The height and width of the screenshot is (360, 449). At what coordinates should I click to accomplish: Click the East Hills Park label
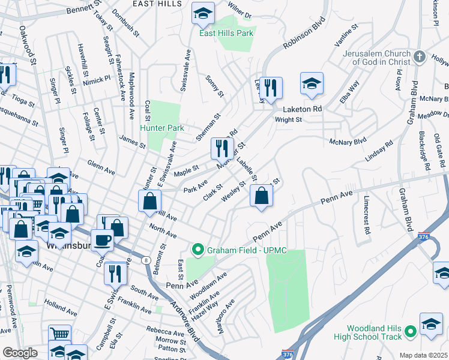[x=226, y=33]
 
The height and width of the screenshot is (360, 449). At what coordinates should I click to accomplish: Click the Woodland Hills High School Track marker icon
[x=411, y=331]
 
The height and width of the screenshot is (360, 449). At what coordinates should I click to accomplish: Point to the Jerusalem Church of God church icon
[x=420, y=57]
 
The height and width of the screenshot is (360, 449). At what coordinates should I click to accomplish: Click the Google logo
[x=20, y=353]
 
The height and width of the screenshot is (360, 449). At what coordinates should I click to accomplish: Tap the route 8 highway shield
[x=145, y=260]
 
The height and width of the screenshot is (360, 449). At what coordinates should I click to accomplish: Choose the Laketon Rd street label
[x=303, y=109]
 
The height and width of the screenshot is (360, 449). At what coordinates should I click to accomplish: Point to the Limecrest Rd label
[x=364, y=214]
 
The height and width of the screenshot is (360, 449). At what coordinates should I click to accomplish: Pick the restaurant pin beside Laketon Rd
[x=271, y=88]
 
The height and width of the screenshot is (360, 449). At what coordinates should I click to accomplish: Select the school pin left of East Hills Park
[x=203, y=13]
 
